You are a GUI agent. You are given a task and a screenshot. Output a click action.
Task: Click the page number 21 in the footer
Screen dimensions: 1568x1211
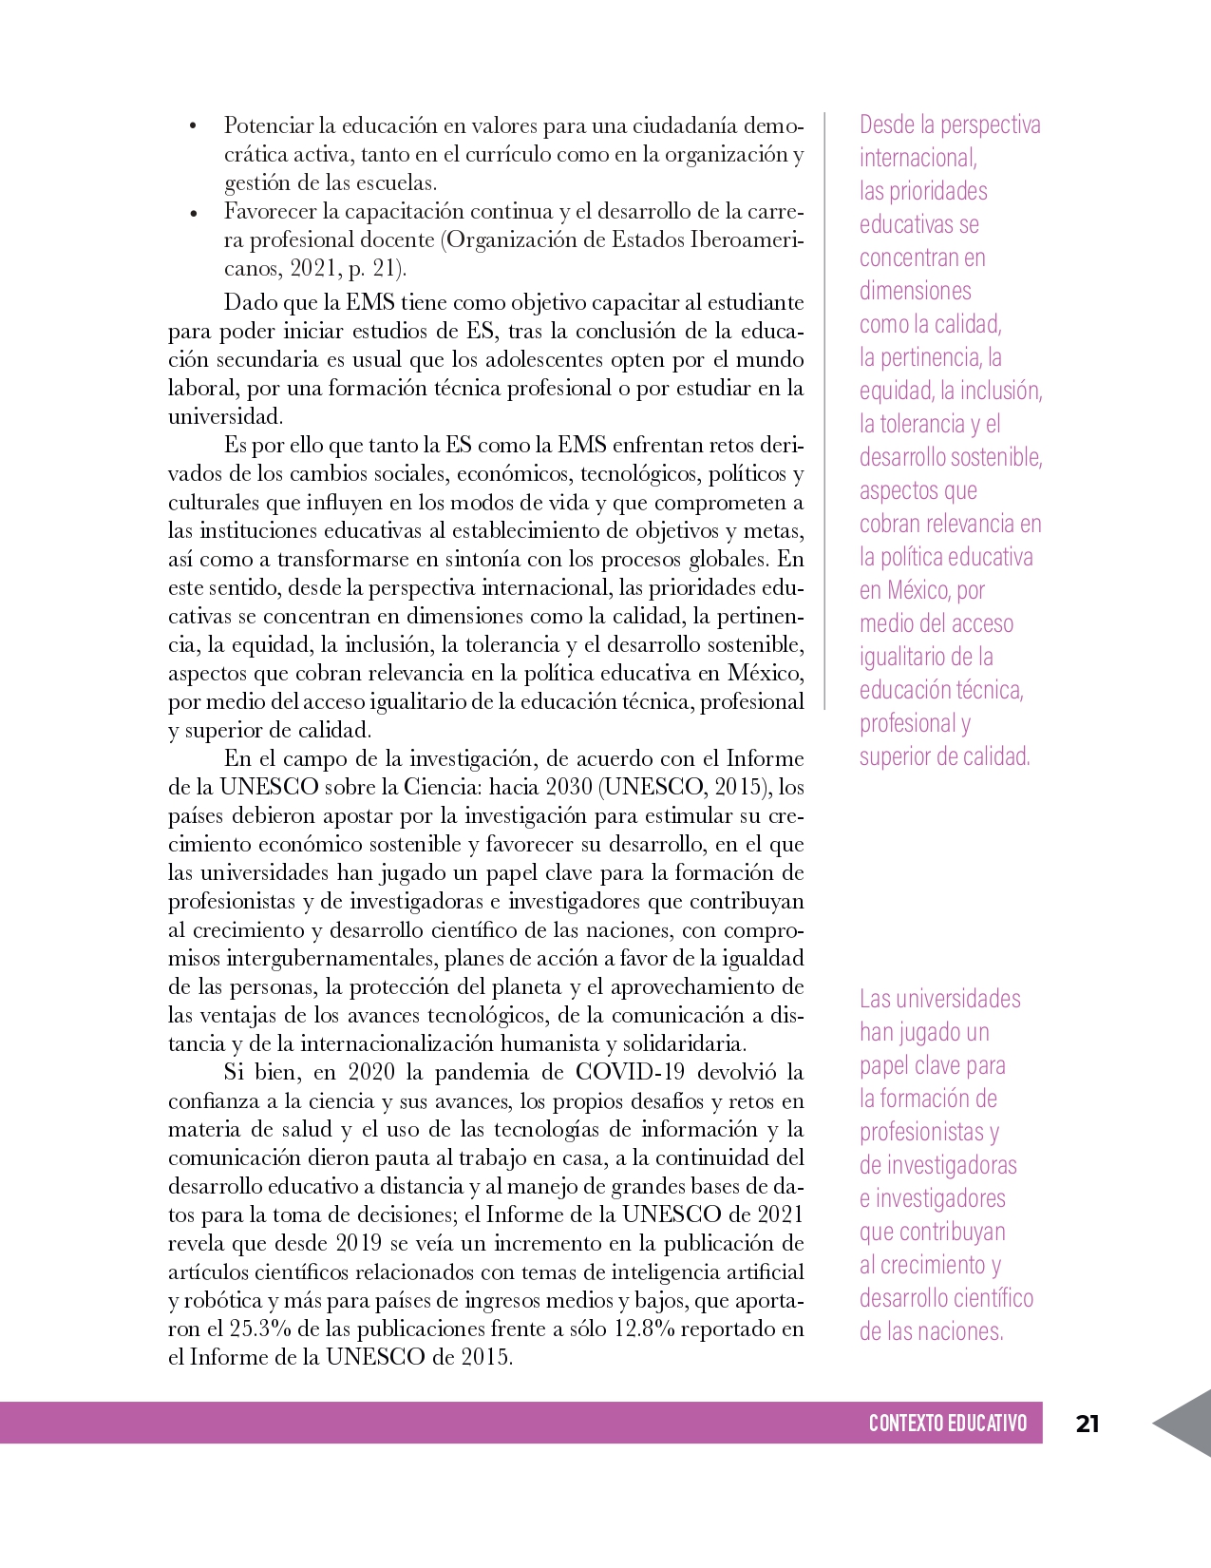click(1088, 1423)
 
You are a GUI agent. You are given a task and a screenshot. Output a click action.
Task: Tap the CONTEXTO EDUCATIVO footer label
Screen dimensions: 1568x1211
click(947, 1423)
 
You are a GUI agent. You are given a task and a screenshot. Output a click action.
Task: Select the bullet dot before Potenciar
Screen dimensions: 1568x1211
click(193, 127)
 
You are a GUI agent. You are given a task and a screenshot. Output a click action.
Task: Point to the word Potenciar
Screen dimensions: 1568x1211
click(268, 125)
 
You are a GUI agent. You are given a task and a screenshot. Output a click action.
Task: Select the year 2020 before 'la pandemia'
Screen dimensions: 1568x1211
click(372, 1072)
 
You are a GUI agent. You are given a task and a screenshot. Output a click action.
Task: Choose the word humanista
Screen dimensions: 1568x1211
click(546, 1043)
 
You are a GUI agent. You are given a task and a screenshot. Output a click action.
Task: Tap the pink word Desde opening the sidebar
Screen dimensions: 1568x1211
click(887, 124)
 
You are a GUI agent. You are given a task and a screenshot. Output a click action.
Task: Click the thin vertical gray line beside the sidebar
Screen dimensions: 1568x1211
click(824, 409)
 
